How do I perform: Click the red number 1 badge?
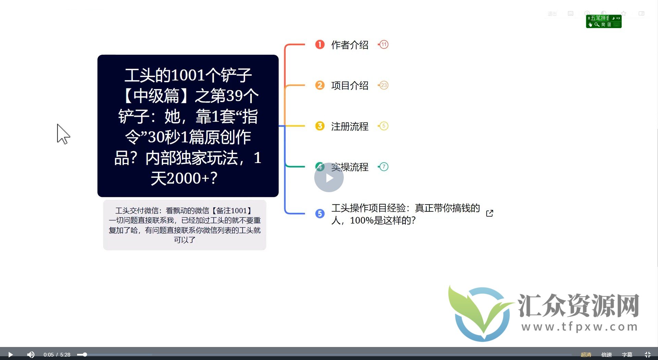[320, 45]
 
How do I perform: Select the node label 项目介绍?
[350, 85]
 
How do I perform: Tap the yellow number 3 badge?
[320, 126]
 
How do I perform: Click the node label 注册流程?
[350, 126]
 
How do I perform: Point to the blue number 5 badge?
[320, 214]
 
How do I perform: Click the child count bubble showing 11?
[384, 45]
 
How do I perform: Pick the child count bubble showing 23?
[384, 85]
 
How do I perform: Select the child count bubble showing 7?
[384, 167]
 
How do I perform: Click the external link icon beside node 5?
[490, 213]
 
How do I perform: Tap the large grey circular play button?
[329, 178]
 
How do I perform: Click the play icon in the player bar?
[10, 355]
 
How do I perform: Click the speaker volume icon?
[31, 355]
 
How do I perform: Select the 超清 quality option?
[586, 355]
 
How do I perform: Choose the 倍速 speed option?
[607, 355]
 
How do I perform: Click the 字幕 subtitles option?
[627, 355]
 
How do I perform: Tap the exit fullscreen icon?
[647, 355]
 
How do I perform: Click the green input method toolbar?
[604, 21]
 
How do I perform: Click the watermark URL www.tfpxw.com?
[579, 327]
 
